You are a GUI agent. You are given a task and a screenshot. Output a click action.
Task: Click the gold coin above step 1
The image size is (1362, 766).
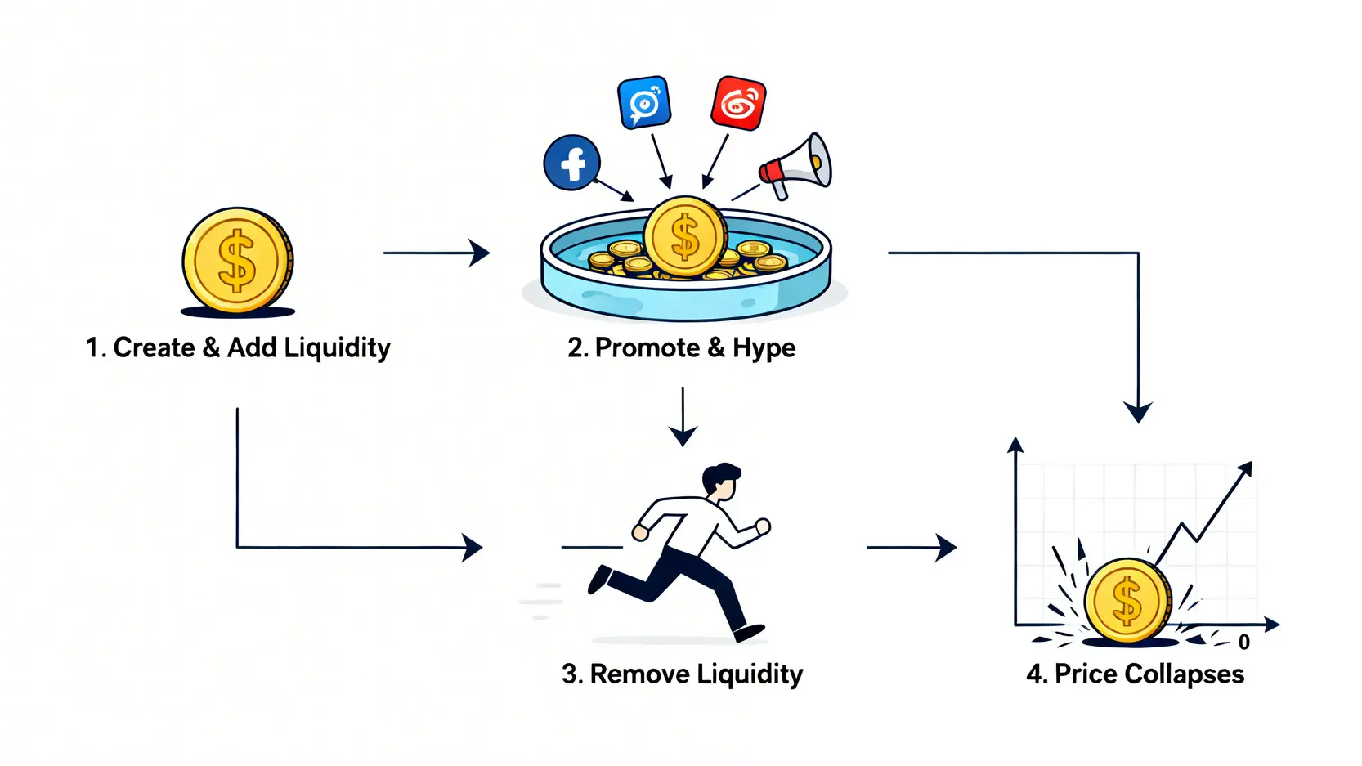tap(237, 260)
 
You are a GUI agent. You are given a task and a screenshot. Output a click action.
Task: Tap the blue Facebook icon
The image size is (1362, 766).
tap(572, 163)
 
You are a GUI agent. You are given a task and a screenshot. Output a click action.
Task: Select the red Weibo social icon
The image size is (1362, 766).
tap(738, 103)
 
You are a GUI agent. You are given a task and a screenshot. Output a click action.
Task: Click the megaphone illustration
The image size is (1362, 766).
tap(797, 167)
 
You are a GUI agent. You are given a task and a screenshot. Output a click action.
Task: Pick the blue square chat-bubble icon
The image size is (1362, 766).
tap(644, 102)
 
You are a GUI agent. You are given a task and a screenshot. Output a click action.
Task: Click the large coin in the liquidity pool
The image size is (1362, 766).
tap(685, 236)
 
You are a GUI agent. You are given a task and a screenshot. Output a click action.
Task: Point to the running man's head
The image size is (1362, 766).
tap(721, 482)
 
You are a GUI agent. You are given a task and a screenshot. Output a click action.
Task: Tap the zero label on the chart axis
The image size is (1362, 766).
tap(1243, 643)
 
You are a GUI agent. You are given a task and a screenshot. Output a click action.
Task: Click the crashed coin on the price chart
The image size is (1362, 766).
tap(1127, 601)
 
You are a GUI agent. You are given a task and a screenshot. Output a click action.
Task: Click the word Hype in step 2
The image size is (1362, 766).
tap(764, 348)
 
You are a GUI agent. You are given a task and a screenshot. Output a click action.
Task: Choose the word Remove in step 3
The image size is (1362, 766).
tap(639, 674)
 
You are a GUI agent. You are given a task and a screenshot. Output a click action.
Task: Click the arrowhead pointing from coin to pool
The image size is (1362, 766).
tap(480, 253)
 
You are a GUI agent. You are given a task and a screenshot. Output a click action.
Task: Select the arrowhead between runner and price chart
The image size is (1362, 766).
tap(947, 547)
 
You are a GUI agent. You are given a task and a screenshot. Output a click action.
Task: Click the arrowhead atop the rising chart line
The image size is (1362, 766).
tap(1245, 468)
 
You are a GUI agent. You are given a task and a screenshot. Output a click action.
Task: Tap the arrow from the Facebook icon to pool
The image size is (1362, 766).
tap(614, 189)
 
